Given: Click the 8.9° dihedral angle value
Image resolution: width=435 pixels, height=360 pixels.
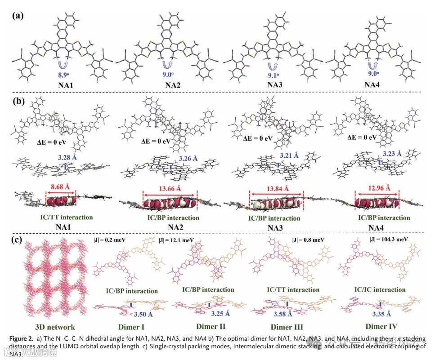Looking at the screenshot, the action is [x=60, y=76].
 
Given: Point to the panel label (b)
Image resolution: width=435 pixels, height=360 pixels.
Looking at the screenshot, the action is [x=18, y=101].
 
